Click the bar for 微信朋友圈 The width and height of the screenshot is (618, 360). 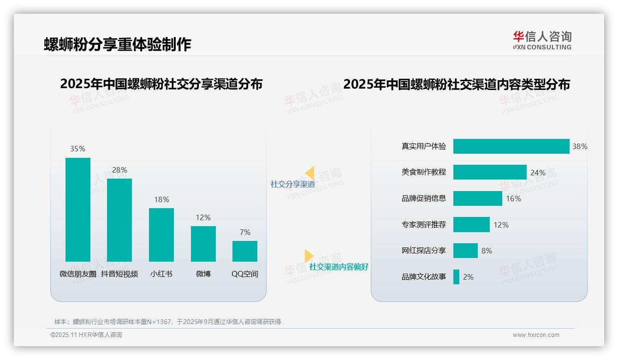click(78, 210)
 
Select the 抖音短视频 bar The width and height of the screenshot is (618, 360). click(119, 220)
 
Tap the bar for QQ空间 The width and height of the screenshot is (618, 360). click(245, 251)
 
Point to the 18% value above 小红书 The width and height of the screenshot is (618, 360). click(161, 199)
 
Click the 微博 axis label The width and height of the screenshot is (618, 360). click(203, 274)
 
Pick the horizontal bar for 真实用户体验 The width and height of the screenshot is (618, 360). click(511, 146)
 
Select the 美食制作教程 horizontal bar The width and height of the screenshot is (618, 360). click(490, 172)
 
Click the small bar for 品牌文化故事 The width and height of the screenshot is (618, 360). click(456, 277)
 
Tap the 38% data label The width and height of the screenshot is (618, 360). click(580, 146)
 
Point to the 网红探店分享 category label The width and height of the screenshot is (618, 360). click(424, 251)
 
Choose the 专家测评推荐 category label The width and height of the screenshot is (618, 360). click(424, 225)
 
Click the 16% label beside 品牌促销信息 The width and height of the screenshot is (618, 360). click(513, 198)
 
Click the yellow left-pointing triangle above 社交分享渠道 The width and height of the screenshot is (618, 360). click(310, 173)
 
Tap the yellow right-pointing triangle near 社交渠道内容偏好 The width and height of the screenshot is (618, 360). click(309, 256)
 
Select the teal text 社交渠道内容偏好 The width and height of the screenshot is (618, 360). click(339, 267)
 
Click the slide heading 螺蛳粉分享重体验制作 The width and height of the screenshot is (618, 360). click(118, 44)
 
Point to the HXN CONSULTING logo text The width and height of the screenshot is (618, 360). click(542, 47)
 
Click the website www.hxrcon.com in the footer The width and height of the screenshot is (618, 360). click(536, 335)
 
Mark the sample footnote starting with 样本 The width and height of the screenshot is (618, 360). click(168, 322)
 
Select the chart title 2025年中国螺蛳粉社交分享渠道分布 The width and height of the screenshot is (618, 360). click(161, 84)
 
